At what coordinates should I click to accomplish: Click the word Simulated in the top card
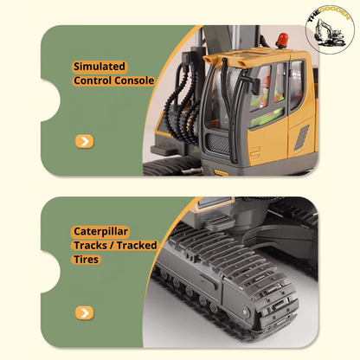point(99,66)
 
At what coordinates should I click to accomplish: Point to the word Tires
point(87,259)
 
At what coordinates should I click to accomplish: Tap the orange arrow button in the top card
point(84,141)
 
